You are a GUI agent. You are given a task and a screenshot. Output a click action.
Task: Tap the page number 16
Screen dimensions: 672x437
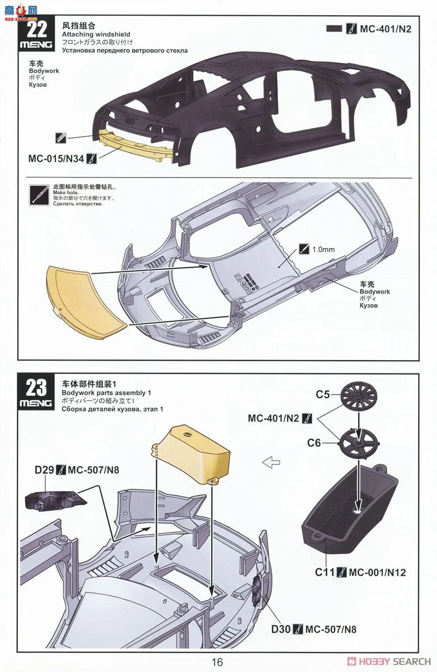coord(217,662)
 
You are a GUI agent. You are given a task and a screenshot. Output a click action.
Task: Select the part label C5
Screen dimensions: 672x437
coord(322,394)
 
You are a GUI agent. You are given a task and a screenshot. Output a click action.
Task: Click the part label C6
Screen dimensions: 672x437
coord(314,443)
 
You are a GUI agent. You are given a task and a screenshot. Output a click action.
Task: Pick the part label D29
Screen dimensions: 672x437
coord(45,470)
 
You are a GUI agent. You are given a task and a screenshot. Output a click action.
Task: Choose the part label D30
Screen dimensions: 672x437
coord(282,629)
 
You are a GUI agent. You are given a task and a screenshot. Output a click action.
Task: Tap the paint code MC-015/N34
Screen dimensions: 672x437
coord(56,159)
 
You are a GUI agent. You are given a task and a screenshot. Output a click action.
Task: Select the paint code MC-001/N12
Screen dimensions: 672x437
coord(377,572)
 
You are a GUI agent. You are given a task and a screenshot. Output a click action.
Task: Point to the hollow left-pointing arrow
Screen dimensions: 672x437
coord(271,463)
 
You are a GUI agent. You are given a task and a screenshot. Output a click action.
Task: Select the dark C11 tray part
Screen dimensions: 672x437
coord(350,510)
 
